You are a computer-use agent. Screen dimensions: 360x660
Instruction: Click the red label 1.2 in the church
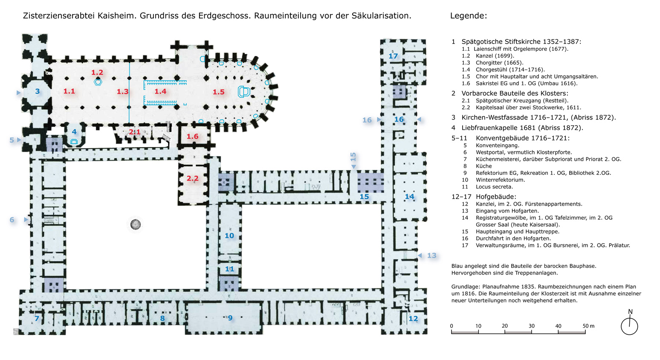click(x=97, y=73)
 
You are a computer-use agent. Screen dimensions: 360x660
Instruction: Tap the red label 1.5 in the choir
click(x=218, y=92)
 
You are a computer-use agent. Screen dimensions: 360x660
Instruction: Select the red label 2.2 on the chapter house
click(x=192, y=178)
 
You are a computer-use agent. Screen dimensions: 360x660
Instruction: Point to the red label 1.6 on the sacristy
click(x=192, y=136)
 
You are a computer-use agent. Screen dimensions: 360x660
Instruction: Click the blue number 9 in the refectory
click(x=230, y=318)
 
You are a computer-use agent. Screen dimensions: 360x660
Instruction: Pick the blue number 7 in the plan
click(x=37, y=318)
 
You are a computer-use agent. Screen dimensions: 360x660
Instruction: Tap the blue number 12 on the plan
click(x=413, y=318)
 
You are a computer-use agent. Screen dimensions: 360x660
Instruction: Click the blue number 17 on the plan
click(x=393, y=56)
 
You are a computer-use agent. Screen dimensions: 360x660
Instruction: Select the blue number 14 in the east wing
click(x=409, y=196)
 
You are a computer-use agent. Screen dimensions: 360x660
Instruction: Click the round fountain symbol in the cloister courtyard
click(x=136, y=224)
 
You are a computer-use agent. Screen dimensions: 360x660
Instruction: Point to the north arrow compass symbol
click(x=629, y=325)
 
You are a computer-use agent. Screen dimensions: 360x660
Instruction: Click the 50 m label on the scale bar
click(x=588, y=326)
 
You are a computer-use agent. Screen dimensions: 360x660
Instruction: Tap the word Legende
click(x=468, y=16)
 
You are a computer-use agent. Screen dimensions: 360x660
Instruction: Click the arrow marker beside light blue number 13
click(x=420, y=255)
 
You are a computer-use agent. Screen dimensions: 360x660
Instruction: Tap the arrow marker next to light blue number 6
click(x=26, y=220)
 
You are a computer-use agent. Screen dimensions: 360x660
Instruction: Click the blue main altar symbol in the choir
click(x=243, y=92)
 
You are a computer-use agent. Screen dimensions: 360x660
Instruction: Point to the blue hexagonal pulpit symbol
click(x=98, y=82)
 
